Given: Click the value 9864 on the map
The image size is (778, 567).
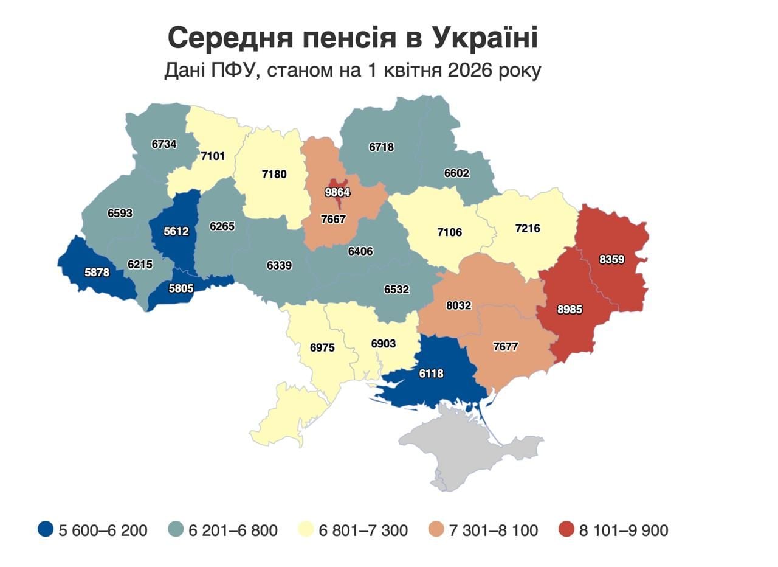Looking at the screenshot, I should tap(337, 193).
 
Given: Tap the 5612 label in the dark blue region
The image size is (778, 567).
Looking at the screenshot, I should tap(176, 231).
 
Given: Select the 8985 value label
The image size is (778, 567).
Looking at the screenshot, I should tap(570, 310).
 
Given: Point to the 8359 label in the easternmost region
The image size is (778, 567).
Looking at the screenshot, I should tap(611, 259).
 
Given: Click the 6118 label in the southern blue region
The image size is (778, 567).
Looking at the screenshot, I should tap(431, 374).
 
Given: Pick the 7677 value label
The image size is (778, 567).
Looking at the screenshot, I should tap(506, 347).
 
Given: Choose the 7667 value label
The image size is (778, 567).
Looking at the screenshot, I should tap(333, 220).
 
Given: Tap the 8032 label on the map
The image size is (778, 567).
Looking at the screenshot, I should tap(458, 305).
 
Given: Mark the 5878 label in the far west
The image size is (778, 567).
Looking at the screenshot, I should tap(97, 273).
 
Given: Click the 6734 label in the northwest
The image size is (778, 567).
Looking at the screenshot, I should tap(164, 144).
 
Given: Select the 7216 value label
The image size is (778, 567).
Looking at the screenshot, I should tap(527, 229).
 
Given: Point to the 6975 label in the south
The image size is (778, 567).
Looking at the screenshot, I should tap(322, 348).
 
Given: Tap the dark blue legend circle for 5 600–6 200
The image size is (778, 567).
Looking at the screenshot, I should tap(46, 530).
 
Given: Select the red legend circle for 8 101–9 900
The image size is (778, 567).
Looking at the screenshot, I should tap(566, 530).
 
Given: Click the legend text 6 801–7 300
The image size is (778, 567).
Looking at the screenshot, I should tap(363, 530).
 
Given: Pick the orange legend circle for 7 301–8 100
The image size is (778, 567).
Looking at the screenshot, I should tap(436, 530).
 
